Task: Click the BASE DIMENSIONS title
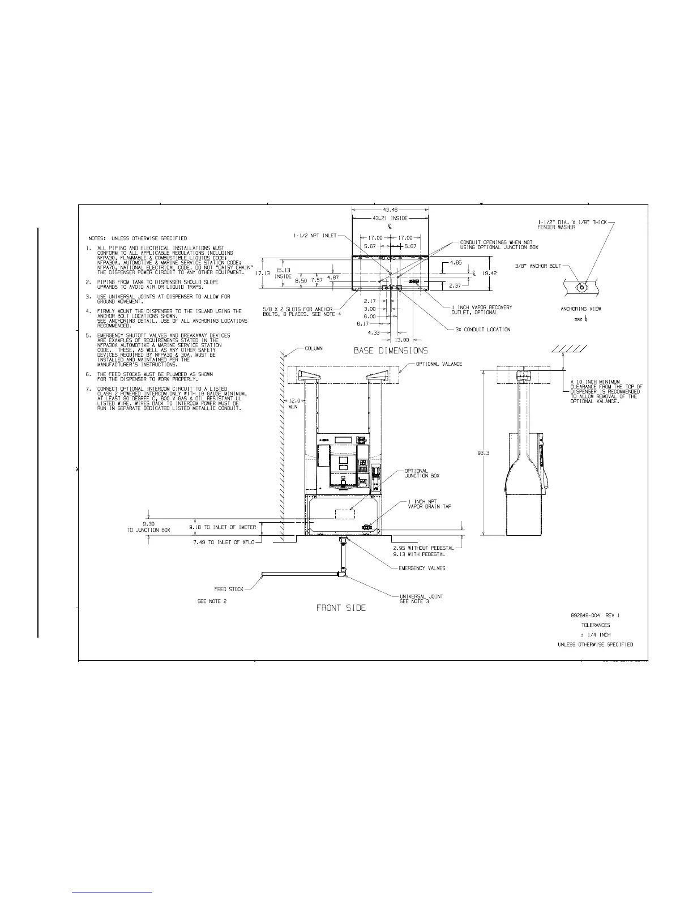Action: click(x=391, y=351)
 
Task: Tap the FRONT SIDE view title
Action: click(x=341, y=608)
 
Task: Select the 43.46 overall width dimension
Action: click(x=391, y=210)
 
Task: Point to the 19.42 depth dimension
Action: click(x=490, y=273)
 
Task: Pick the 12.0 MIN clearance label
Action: click(x=293, y=404)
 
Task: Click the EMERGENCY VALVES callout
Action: click(x=422, y=568)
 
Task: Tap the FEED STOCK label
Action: click(x=229, y=589)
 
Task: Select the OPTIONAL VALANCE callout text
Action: click(x=439, y=364)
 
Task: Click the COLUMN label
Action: click(x=314, y=348)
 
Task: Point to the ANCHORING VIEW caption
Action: click(x=581, y=309)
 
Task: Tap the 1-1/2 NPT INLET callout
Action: click(x=315, y=235)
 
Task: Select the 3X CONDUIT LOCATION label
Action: click(x=482, y=329)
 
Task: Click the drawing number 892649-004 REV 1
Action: click(x=596, y=615)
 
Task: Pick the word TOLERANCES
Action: click(x=596, y=625)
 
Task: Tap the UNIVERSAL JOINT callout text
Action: click(x=421, y=596)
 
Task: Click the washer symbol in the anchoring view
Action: click(x=580, y=287)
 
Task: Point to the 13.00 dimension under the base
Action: click(x=401, y=340)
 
